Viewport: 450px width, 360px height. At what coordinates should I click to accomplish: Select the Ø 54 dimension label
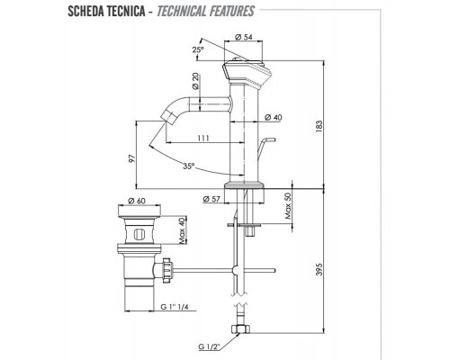[243, 36]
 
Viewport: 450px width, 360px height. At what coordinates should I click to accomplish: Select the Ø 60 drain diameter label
[138, 200]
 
